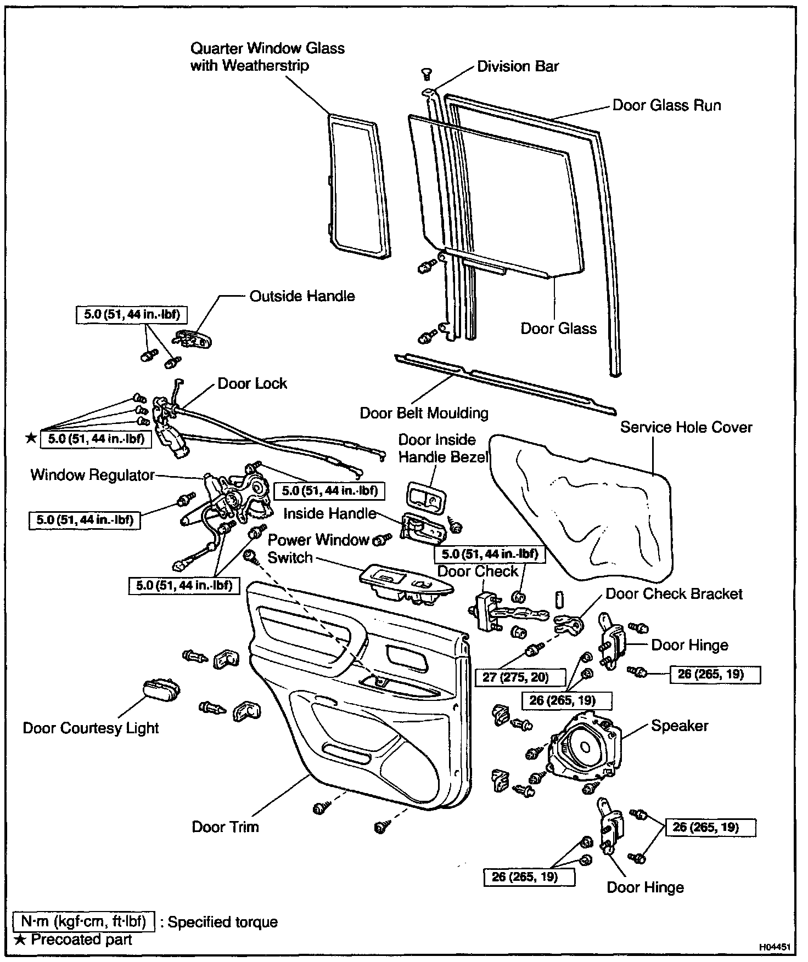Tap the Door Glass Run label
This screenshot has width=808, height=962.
666,105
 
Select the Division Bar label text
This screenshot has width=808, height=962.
518,66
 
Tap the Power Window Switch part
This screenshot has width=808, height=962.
406,585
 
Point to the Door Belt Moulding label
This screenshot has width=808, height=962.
424,412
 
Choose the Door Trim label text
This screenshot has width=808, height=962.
225,827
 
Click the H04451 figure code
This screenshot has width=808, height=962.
775,947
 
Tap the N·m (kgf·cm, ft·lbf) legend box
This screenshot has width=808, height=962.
84,921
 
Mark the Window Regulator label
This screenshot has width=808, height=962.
93,474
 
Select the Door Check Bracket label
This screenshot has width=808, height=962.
674,594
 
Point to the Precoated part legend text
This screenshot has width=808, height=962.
81,940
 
